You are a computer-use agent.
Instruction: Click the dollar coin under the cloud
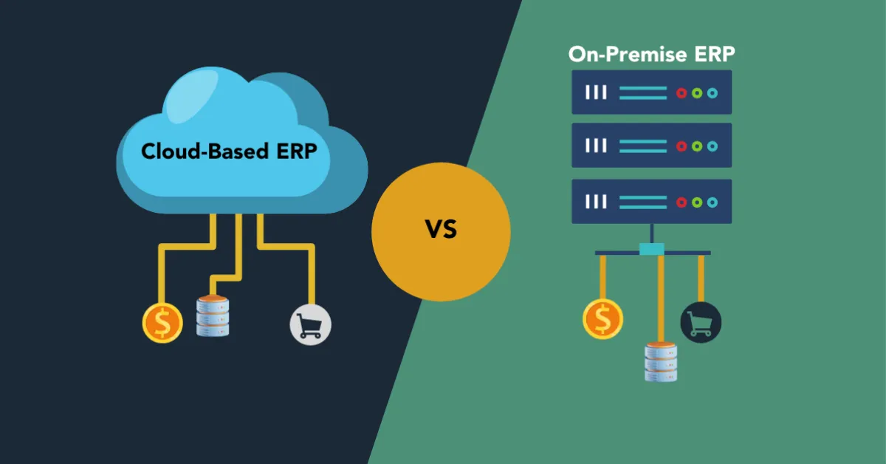[x=162, y=324]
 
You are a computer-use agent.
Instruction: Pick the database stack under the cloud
[x=213, y=315]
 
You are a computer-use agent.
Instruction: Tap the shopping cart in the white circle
[x=311, y=325]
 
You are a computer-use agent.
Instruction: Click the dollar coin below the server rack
[x=603, y=318]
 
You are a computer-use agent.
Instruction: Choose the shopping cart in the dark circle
[x=700, y=323]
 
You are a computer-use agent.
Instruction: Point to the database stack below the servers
[x=661, y=362]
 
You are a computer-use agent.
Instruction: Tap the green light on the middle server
[x=697, y=146]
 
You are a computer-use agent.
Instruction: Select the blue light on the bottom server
[x=712, y=202]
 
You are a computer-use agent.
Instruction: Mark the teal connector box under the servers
[x=652, y=250]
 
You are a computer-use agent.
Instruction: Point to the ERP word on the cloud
[x=296, y=151]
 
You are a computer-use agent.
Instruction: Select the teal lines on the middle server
[x=642, y=146]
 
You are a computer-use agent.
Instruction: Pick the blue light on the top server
[x=712, y=93]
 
